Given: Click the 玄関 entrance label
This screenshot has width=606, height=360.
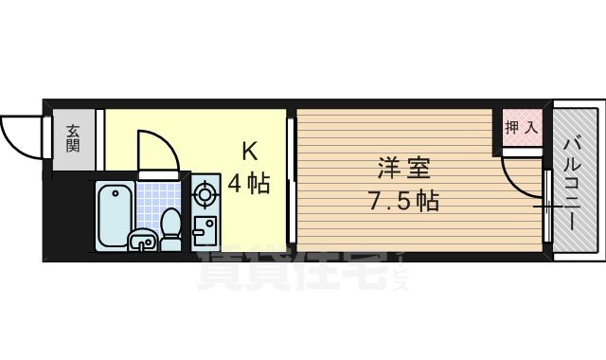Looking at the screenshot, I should (73, 141).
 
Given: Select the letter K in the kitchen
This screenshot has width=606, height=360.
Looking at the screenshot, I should (249, 152).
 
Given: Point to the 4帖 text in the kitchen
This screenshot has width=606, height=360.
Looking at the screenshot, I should (248, 183).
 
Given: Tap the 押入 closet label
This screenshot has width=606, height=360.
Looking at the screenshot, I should (520, 127).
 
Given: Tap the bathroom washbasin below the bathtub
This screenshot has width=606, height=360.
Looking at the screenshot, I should (141, 241).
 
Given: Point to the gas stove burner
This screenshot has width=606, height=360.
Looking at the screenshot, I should (205, 196).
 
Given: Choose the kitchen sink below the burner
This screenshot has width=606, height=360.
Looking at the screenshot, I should (204, 231).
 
